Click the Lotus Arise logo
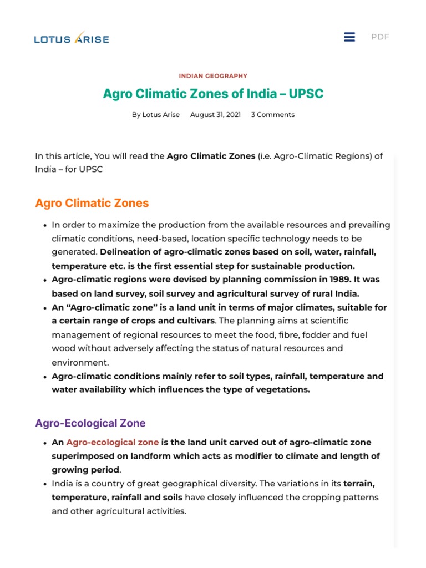click(x=72, y=38)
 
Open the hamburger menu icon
click(x=349, y=37)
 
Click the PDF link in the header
click(x=380, y=37)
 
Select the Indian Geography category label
click(x=213, y=76)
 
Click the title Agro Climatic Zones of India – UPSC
click(x=213, y=94)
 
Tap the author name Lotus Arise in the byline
click(x=161, y=115)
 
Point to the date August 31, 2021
click(x=215, y=115)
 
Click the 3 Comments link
click(x=272, y=115)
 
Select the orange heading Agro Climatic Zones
click(x=92, y=203)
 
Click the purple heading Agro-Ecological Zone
click(x=90, y=423)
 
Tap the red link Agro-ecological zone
click(x=113, y=443)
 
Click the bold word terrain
click(x=360, y=484)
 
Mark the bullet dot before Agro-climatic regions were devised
click(x=44, y=280)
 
